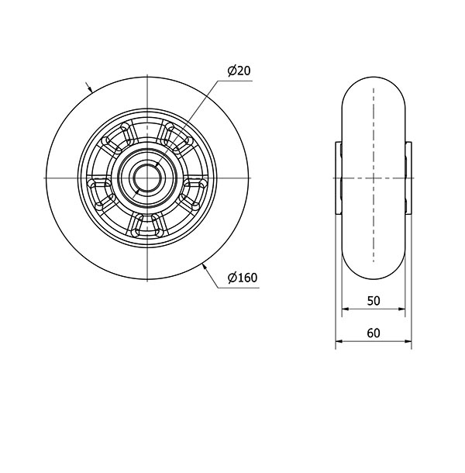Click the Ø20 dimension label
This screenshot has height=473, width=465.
point(239,71)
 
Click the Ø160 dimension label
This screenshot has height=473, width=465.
point(243,278)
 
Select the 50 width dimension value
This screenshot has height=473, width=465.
point(374,300)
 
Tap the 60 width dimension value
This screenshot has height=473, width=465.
point(374,333)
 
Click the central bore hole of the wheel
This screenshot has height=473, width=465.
point(147,178)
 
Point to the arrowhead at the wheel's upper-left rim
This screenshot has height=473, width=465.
point(89,88)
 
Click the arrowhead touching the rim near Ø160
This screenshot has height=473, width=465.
point(205,267)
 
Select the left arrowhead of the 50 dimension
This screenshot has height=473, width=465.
point(346,309)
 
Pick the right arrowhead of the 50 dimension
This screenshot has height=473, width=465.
point(401,309)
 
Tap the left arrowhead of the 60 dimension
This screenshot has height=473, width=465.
point(339,341)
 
